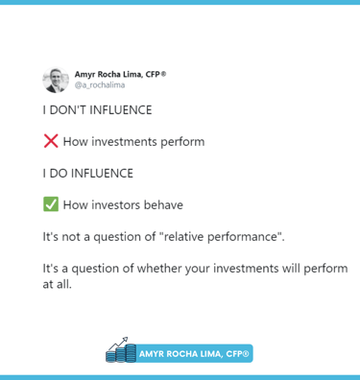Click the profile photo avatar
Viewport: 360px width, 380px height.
coord(55,80)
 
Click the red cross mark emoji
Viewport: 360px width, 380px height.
coord(51,141)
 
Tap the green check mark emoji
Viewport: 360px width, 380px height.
coord(51,204)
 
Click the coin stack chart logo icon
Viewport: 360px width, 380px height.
coord(121,351)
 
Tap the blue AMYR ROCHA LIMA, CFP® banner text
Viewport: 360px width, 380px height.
coord(195,354)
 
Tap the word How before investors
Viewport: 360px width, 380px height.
coord(76,205)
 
